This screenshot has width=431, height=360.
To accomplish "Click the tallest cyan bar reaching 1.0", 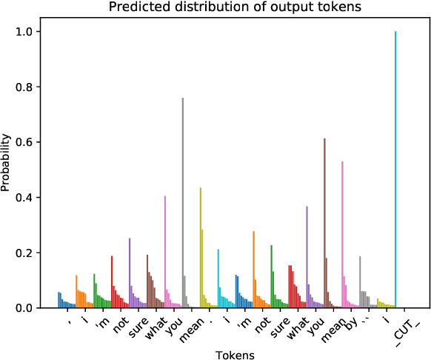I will click(x=395, y=170).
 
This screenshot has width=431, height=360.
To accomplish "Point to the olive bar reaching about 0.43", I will click(x=201, y=248).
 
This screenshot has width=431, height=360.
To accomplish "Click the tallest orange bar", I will click(x=253, y=270).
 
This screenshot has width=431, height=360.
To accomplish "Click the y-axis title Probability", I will click(x=7, y=162).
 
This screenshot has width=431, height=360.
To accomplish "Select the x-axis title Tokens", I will click(x=235, y=355).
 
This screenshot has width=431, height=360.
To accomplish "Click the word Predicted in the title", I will click(x=135, y=8).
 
